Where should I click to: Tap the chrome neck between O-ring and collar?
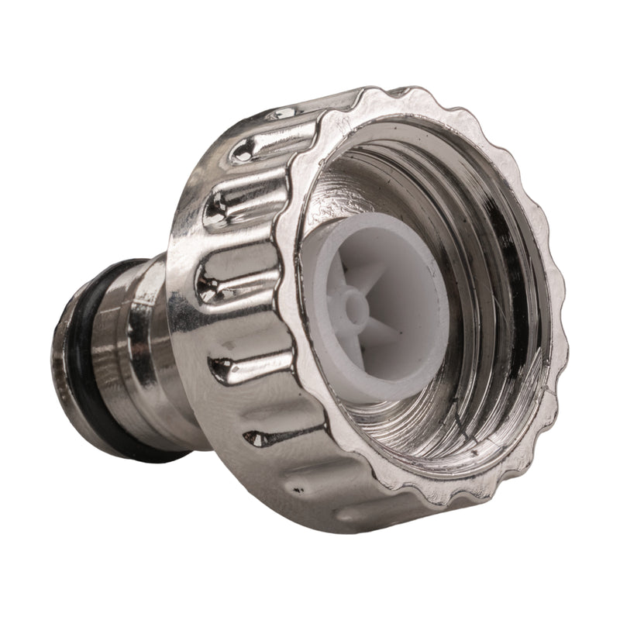tap(116, 349)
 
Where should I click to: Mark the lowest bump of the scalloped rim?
tap(434, 515)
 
